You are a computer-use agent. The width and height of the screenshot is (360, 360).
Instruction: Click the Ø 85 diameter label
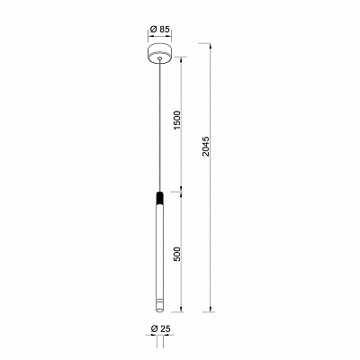click(x=159, y=30)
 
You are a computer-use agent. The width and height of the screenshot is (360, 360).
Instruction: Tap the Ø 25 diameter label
click(x=160, y=328)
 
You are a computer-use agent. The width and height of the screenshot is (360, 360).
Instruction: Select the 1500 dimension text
click(x=178, y=120)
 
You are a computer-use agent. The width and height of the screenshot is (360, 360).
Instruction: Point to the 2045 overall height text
click(x=206, y=147)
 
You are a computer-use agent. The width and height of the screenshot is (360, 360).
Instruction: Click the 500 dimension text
click(x=178, y=254)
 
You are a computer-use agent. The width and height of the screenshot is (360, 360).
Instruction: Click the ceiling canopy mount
click(x=159, y=53)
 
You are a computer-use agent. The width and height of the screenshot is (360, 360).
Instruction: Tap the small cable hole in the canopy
click(x=160, y=58)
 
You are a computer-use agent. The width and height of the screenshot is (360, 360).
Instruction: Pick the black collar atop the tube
click(x=160, y=197)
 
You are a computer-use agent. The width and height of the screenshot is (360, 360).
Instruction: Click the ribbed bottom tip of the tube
click(x=160, y=306)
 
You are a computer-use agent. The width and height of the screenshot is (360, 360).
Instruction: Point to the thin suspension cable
click(x=160, y=125)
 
